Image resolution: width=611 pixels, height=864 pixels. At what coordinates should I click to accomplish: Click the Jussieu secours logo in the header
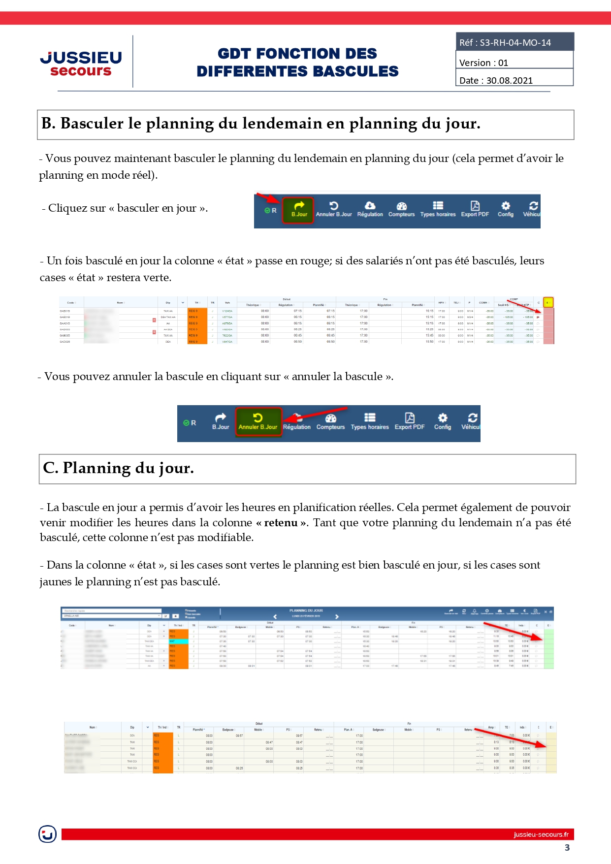point(81,64)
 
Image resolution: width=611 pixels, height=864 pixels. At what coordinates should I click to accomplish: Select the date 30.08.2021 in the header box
point(509,81)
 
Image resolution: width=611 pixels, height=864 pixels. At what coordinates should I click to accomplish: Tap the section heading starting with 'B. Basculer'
point(260,124)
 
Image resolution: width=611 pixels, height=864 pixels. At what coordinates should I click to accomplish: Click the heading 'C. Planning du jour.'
point(118,468)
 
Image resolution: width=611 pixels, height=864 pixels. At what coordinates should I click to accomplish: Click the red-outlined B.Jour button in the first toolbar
point(298,209)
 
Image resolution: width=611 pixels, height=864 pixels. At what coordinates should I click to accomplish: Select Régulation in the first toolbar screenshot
point(370,209)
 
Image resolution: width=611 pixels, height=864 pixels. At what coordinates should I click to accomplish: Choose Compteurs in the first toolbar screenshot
point(401,209)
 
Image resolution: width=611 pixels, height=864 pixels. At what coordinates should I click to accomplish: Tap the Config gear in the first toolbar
point(505,209)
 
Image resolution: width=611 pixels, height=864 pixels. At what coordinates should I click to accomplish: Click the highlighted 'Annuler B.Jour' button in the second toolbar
point(258,422)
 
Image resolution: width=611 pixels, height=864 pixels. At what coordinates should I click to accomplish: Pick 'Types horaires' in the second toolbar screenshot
point(369,422)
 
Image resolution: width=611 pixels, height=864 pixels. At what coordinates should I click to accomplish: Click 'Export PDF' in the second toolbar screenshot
point(409,422)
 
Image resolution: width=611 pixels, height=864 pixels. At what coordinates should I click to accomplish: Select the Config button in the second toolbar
point(442,422)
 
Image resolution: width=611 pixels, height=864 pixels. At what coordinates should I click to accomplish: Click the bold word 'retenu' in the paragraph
point(281,523)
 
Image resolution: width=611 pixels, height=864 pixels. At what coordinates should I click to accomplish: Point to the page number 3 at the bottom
point(567,848)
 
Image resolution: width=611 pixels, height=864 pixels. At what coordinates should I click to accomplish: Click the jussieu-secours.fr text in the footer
point(541,834)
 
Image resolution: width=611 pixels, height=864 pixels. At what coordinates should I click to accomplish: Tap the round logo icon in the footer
point(48,834)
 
